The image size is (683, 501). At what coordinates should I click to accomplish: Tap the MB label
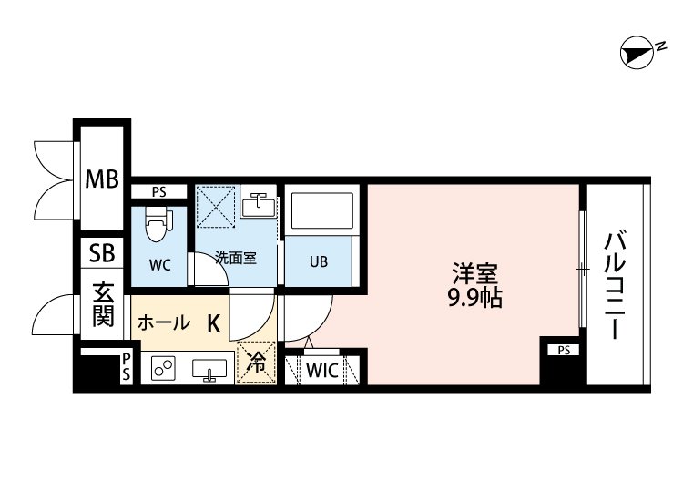click(x=102, y=179)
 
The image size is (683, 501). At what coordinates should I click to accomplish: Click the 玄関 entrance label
click(x=101, y=306)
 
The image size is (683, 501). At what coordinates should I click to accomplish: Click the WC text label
click(x=159, y=267)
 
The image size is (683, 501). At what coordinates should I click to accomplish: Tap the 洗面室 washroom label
click(x=235, y=258)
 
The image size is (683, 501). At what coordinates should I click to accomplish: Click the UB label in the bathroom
click(x=318, y=262)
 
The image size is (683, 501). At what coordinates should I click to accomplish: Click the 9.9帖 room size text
click(x=475, y=297)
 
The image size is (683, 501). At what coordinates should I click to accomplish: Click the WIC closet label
click(x=322, y=371)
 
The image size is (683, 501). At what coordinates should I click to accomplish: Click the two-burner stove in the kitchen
click(x=165, y=370)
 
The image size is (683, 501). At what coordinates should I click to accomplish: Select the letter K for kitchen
click(x=213, y=322)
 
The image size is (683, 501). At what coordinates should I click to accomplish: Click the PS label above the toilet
click(x=159, y=192)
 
